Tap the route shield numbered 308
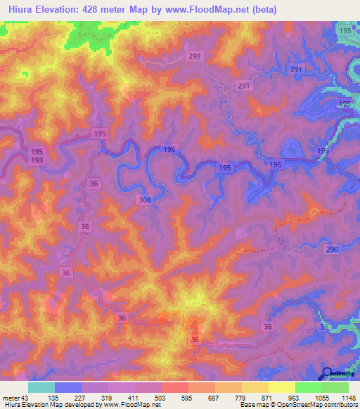(145, 200)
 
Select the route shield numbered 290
(333, 250)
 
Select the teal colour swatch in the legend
(41, 387)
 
